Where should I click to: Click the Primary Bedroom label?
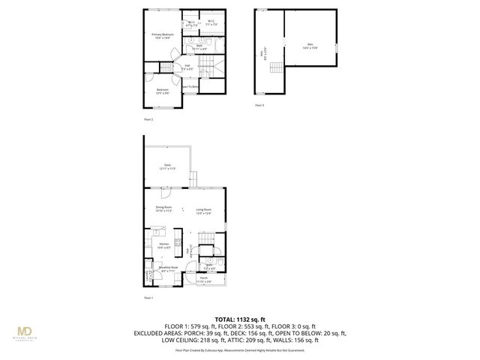(163, 35)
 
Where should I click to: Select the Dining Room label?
(163, 209)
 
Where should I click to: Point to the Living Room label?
(203, 211)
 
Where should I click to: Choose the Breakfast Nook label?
(168, 268)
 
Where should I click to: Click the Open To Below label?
(190, 86)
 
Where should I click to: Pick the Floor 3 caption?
(259, 105)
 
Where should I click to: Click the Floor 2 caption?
(148, 118)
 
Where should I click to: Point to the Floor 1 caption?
(148, 298)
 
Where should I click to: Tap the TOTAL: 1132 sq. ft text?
(240, 319)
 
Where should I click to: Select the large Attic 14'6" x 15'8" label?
(310, 46)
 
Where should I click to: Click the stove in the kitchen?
(178, 241)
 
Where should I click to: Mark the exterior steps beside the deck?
(191, 179)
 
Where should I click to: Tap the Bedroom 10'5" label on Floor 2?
(162, 91)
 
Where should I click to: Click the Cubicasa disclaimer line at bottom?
(240, 349)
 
